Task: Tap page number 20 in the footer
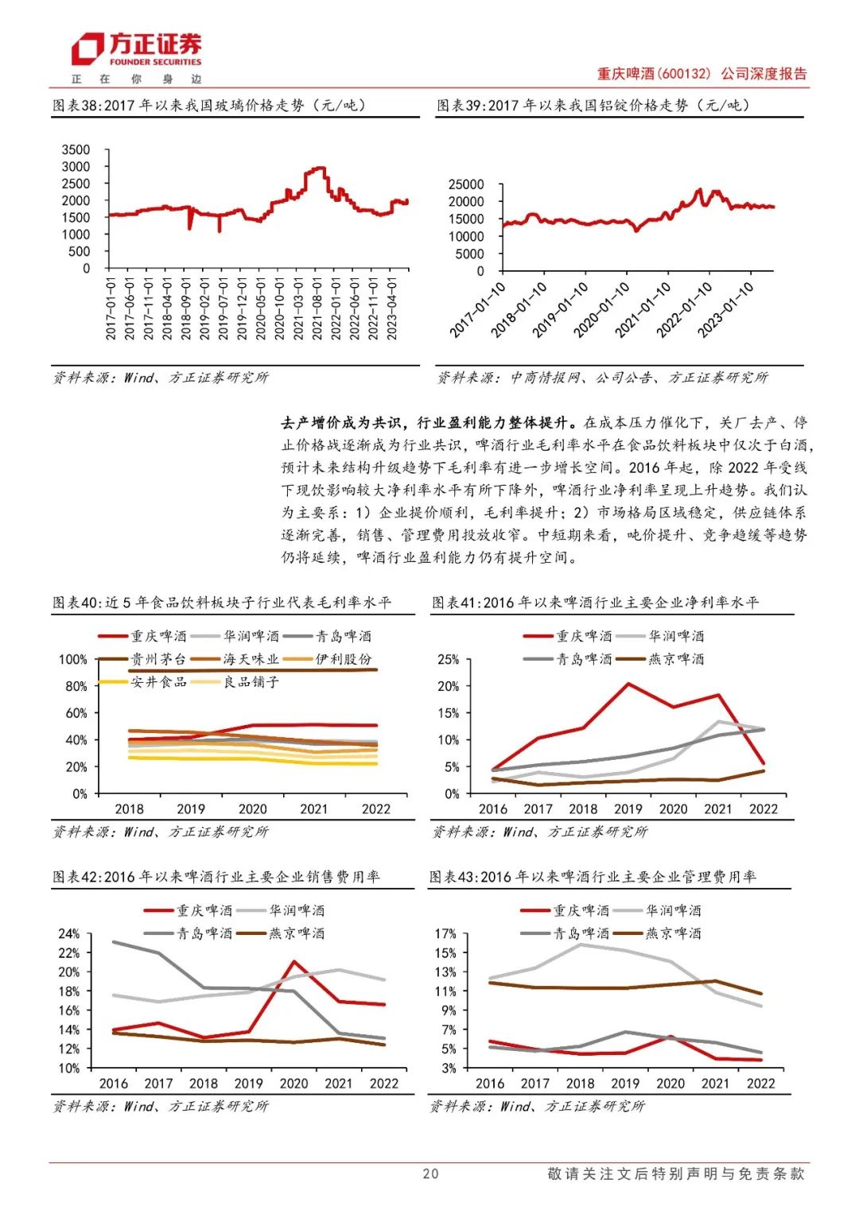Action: tap(430, 1173)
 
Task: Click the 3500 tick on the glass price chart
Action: tap(76, 149)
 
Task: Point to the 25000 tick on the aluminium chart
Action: tap(466, 184)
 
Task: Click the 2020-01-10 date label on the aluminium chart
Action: tap(602, 309)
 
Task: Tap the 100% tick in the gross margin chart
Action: tap(73, 659)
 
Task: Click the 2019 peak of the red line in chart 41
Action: tap(628, 684)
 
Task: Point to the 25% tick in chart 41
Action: tap(449, 659)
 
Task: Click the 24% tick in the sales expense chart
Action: tap(69, 933)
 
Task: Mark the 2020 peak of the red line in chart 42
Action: tap(294, 962)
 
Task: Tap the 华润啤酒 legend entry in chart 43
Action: tap(673, 910)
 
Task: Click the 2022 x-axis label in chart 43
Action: tap(760, 1083)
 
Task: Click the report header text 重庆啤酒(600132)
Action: tap(654, 74)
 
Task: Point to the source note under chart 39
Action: tap(602, 378)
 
